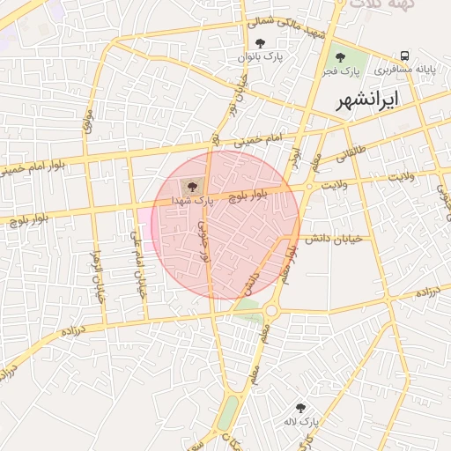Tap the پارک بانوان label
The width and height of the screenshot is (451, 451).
[259, 57]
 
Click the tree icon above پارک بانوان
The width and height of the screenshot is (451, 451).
[259, 43]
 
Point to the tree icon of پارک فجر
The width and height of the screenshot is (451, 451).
[340, 57]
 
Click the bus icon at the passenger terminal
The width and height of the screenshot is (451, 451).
[404, 55]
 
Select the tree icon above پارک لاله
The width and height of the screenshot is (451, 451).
[300, 408]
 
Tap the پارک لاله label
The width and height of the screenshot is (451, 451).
[300, 422]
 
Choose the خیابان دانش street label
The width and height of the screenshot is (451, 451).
[329, 238]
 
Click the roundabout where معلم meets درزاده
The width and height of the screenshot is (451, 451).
[271, 310]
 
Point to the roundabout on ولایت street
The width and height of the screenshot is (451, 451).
[309, 187]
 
